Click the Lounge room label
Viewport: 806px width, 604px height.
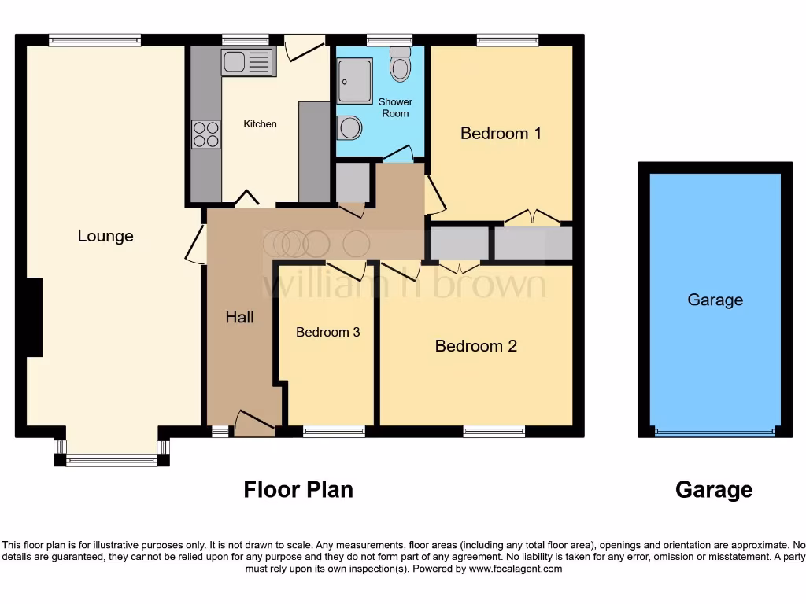(x=105, y=236)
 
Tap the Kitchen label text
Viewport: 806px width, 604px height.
(x=260, y=124)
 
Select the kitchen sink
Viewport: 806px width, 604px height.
(x=247, y=62)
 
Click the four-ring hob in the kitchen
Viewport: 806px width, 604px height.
(x=206, y=134)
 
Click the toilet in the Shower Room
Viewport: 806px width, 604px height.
(x=401, y=64)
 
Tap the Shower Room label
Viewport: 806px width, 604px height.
(x=395, y=108)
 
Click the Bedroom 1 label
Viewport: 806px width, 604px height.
(x=501, y=133)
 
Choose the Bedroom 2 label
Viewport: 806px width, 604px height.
(x=475, y=346)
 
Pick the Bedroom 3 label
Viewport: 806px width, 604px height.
(x=327, y=332)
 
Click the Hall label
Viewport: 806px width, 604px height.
(x=239, y=317)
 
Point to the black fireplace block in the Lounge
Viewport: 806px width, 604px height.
(x=34, y=317)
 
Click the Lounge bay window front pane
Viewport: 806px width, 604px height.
(x=112, y=462)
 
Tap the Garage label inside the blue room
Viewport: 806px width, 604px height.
(x=715, y=300)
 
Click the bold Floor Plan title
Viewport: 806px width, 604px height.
(x=298, y=490)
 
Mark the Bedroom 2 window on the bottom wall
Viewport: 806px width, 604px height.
(x=494, y=430)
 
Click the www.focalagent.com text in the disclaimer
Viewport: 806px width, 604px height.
(x=516, y=569)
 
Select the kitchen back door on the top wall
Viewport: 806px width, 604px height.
(x=304, y=46)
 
